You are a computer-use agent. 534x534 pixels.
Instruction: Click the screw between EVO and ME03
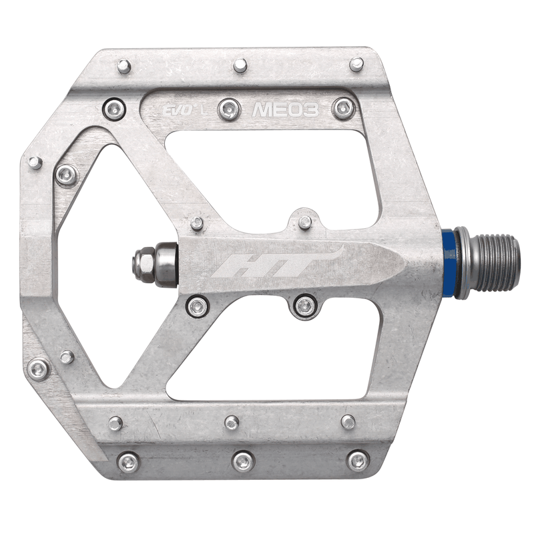[x=229, y=108]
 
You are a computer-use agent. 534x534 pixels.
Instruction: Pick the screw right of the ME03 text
[x=344, y=108]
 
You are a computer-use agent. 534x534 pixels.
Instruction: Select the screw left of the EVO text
[x=113, y=108]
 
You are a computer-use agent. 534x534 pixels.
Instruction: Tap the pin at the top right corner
[x=357, y=64]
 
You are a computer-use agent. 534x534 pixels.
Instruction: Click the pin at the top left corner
[x=124, y=66]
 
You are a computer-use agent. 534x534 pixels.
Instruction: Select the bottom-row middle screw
[x=243, y=461]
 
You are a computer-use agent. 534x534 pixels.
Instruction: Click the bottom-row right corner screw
[x=358, y=460]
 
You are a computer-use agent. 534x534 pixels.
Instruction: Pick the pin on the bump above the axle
[x=305, y=221]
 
